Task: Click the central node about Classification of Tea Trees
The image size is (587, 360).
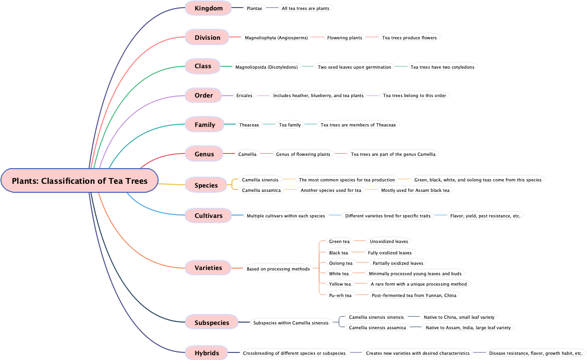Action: tap(80, 181)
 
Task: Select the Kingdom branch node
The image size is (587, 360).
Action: tap(208, 8)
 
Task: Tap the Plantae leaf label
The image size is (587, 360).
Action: tap(254, 9)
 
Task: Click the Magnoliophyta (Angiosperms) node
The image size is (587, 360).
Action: tap(276, 37)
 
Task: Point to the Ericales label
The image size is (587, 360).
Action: tap(244, 96)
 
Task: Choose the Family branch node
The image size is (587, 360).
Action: tap(205, 125)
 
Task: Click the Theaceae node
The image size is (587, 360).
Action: tap(249, 125)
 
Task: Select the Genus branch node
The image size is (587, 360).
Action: tap(204, 154)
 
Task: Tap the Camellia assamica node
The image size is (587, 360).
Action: tap(261, 190)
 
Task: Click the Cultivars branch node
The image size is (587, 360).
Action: tap(208, 216)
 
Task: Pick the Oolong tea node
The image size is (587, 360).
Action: tap(341, 263)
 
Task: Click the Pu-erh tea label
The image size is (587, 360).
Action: tap(340, 295)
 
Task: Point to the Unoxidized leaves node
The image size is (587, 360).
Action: tap(389, 242)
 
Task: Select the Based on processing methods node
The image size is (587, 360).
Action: tap(278, 269)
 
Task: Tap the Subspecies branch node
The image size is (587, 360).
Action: tap(212, 323)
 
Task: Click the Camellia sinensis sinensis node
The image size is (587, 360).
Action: tap(376, 317)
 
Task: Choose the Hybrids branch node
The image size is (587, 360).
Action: tap(207, 353)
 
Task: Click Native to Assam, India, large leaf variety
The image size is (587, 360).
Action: tap(468, 327)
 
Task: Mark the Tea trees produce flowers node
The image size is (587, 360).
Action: tap(409, 37)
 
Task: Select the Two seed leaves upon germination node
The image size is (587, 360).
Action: tap(355, 67)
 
